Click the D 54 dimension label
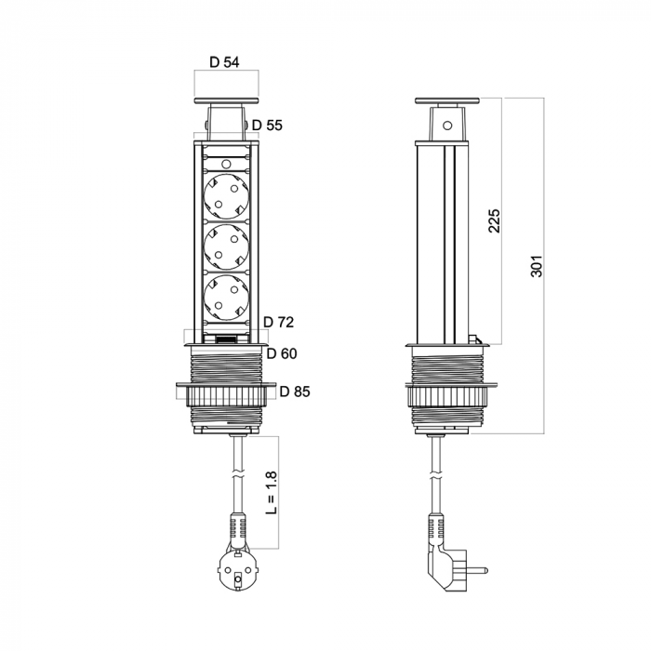224,62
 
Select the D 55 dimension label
267,125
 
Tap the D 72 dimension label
279,322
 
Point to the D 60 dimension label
282,353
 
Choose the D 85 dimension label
295,392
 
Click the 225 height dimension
494,221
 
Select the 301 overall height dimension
537,266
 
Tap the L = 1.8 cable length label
272,493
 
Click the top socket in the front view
226,196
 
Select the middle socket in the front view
226,247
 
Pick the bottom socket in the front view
226,298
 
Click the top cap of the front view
226,100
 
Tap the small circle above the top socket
226,164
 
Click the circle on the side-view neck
447,125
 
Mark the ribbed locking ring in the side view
447,395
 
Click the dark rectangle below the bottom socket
226,339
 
